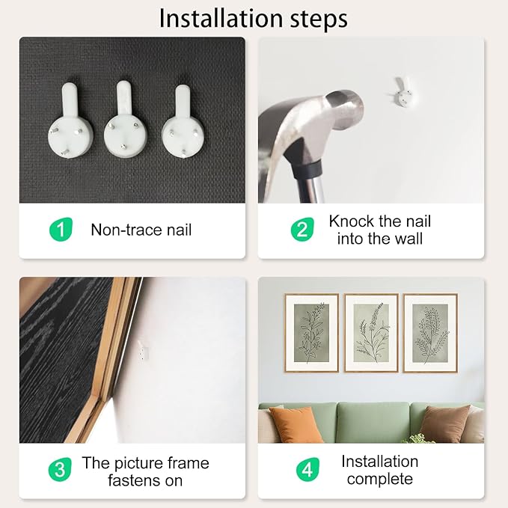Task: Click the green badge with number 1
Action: pyautogui.click(x=61, y=230)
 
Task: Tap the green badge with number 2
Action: pyautogui.click(x=302, y=230)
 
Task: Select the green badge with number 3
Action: pyautogui.click(x=60, y=469)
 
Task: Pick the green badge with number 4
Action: pyautogui.click(x=307, y=469)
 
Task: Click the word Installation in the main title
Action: pyautogui.click(x=221, y=19)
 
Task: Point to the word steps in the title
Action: pyautogui.click(x=319, y=20)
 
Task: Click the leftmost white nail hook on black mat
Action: pyautogui.click(x=70, y=121)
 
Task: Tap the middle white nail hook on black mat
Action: pyautogui.click(x=126, y=120)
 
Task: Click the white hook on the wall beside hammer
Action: pyautogui.click(x=403, y=92)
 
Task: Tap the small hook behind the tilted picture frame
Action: pyautogui.click(x=143, y=350)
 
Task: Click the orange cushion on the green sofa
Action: pyautogui.click(x=296, y=424)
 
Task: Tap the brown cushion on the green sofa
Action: pyautogui.click(x=444, y=423)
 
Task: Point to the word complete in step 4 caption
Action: pyautogui.click(x=380, y=479)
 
